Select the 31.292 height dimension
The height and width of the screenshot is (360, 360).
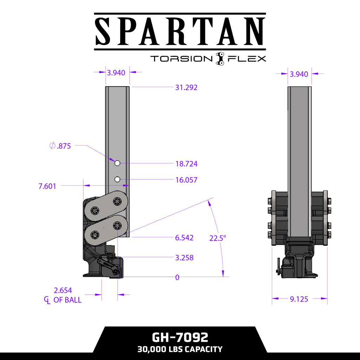[186, 88]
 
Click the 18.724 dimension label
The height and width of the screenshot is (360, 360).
[186, 163]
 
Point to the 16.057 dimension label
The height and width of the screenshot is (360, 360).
[186, 180]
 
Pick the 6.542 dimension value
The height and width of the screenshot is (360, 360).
[184, 238]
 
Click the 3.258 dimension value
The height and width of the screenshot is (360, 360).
[184, 258]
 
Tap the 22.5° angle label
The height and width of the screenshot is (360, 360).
[218, 238]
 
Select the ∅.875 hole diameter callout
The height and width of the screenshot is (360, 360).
[60, 146]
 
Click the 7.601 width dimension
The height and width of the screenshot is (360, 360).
[47, 186]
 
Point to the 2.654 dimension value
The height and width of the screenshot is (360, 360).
[63, 290]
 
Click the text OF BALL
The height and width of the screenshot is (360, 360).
[67, 300]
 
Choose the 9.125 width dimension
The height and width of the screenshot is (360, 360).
[299, 299]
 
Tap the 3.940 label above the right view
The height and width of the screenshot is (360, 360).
[299, 74]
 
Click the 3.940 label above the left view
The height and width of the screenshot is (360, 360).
[116, 73]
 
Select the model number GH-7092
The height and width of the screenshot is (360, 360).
[180, 337]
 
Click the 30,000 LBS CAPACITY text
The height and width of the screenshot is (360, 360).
[180, 349]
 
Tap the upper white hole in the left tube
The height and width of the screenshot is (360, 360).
[117, 163]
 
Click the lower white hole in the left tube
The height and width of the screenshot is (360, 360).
[117, 180]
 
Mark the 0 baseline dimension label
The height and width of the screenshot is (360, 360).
[177, 277]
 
